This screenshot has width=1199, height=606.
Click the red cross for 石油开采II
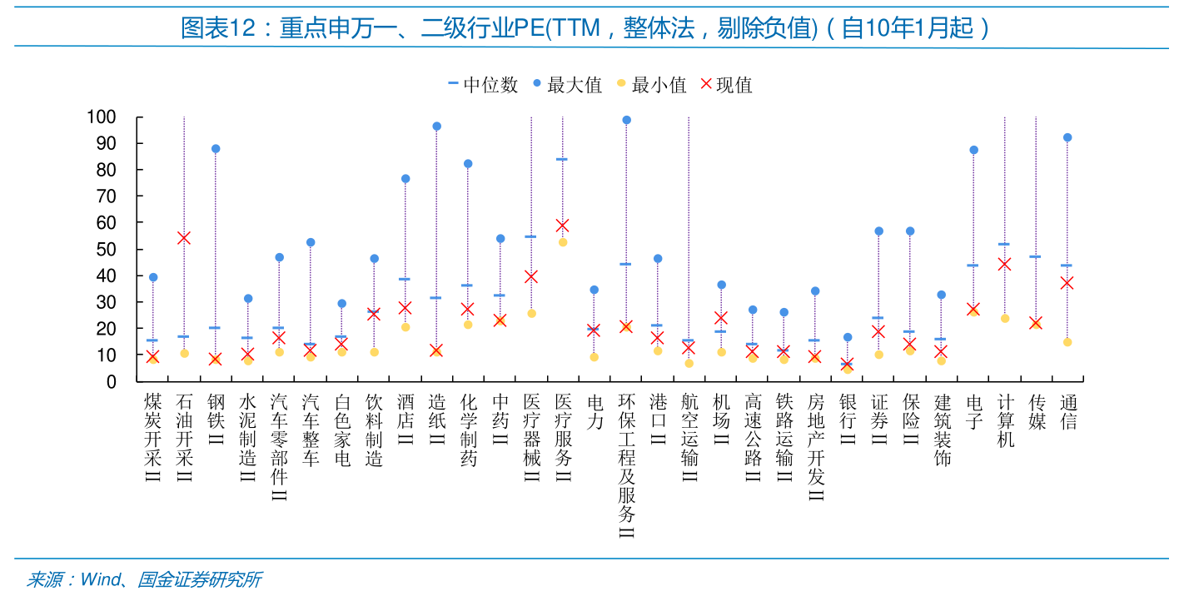184,238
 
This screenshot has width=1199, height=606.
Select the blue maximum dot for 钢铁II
216,149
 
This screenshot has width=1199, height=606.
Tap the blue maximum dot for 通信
1067,137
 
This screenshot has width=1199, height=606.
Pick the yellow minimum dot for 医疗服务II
563,242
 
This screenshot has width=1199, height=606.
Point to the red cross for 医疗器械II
531,276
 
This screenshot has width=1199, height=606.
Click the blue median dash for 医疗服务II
562,159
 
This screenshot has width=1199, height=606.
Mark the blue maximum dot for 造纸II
436,127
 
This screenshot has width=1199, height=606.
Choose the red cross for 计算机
1004,264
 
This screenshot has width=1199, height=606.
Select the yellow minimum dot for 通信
1067,342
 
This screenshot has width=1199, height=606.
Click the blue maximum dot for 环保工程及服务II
626,120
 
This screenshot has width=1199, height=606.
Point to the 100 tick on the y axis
101,117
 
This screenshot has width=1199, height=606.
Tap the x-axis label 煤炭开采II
152,438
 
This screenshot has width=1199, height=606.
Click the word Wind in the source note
100,580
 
